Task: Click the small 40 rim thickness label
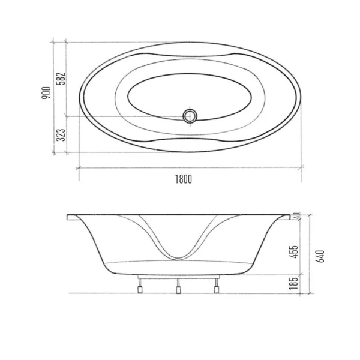[x=296, y=215]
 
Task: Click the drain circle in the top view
[x=190, y=115]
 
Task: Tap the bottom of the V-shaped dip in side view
[x=178, y=257]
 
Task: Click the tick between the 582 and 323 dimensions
[x=64, y=116]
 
